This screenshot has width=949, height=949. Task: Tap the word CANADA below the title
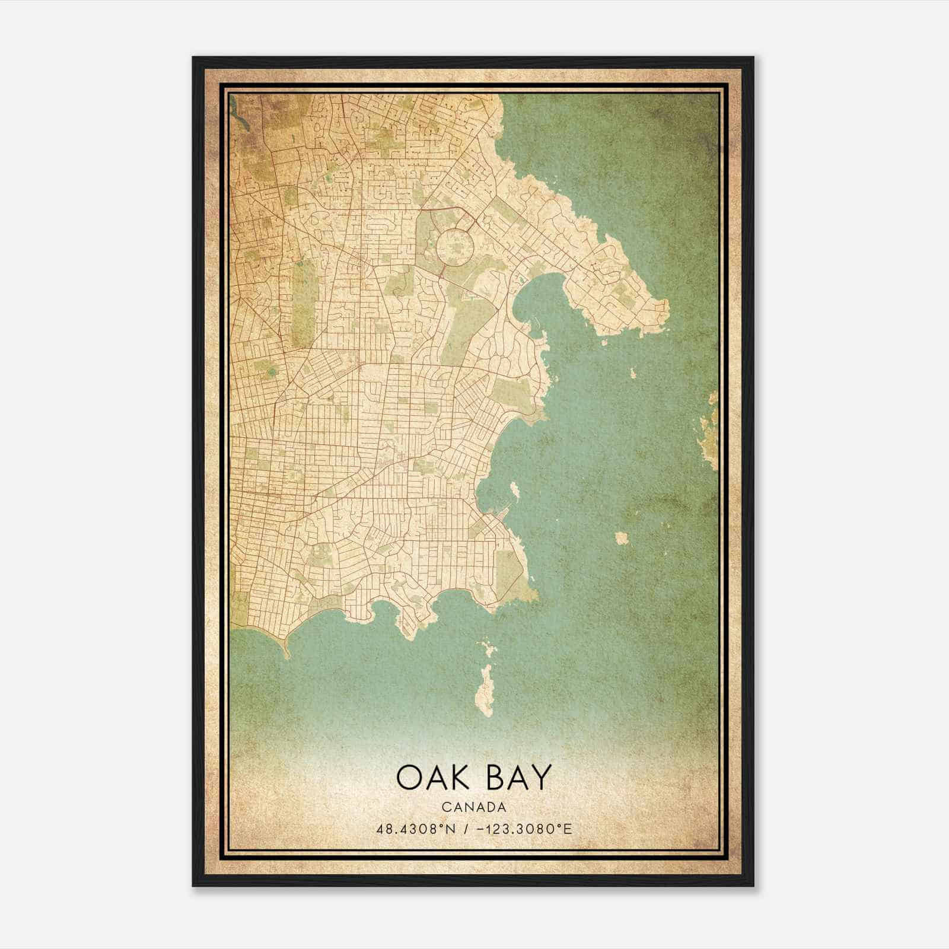point(473,807)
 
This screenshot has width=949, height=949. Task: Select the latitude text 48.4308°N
point(416,829)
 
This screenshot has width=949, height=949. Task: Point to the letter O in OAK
point(409,778)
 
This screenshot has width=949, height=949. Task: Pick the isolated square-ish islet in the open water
point(621,538)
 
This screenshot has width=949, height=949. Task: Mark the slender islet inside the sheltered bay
point(514,489)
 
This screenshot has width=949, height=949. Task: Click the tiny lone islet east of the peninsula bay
point(633,373)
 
